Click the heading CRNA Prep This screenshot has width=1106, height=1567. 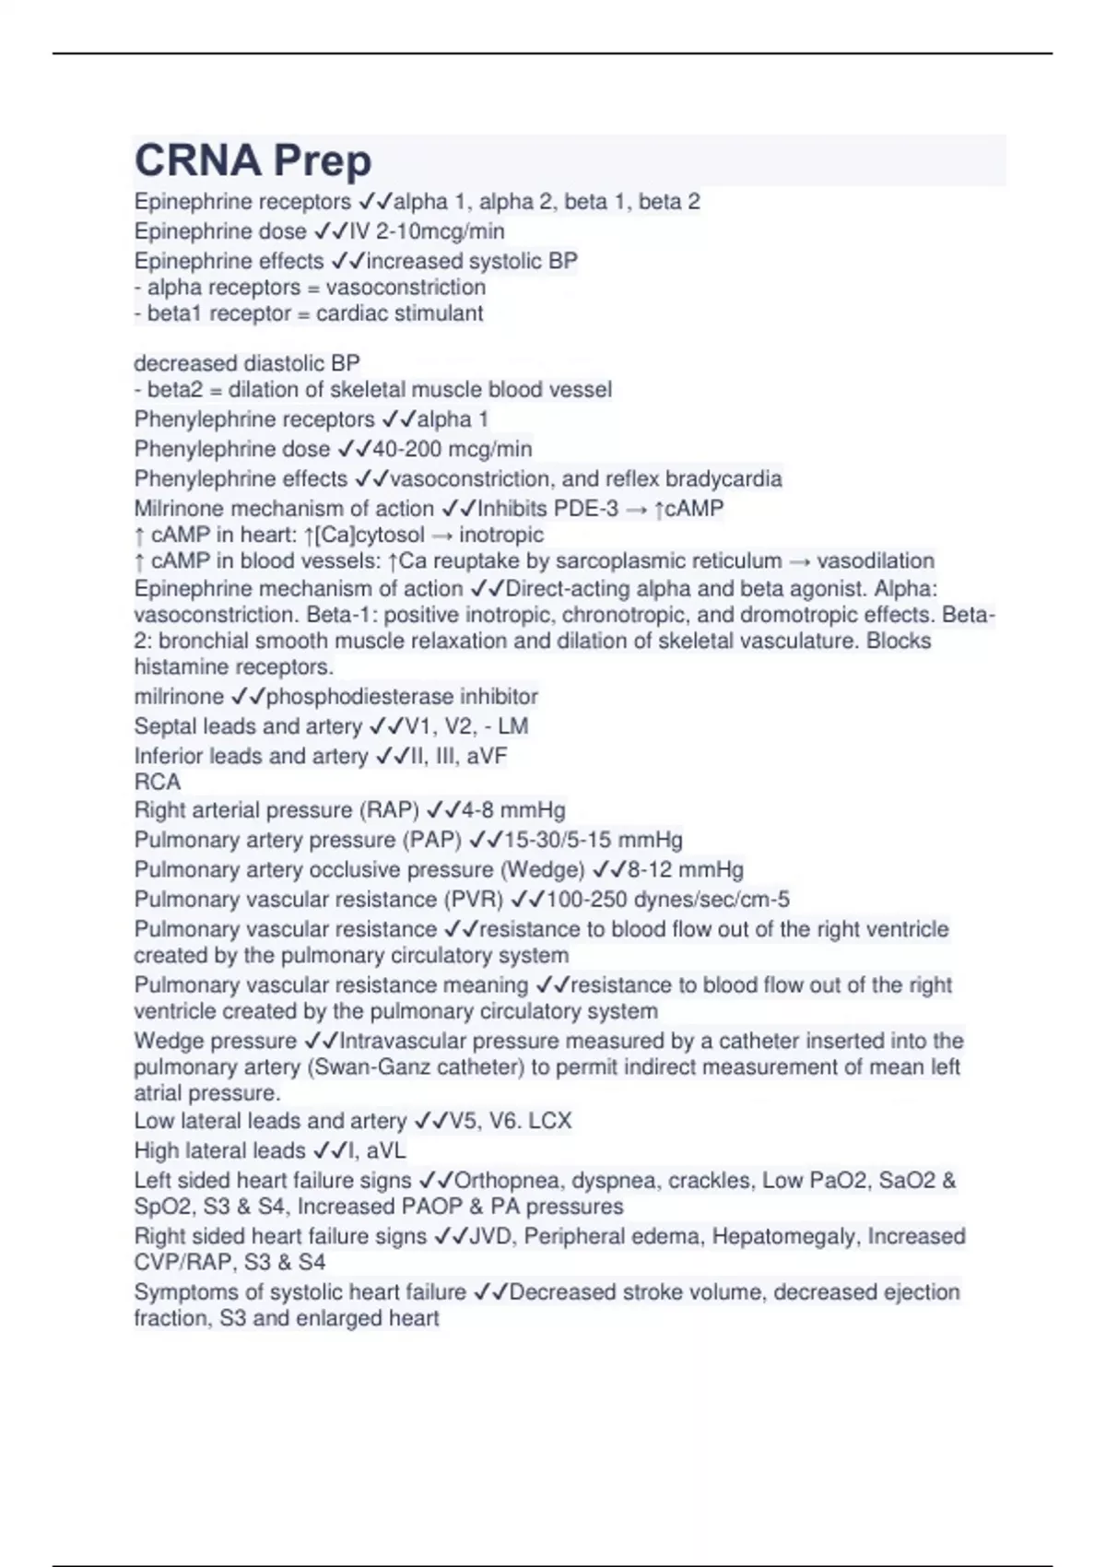pyautogui.click(x=253, y=160)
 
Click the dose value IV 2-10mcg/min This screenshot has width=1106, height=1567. pyautogui.click(x=427, y=230)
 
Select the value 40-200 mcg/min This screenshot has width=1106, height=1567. pyautogui.click(x=452, y=449)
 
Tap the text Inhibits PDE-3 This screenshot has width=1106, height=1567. pyautogui.click(x=547, y=508)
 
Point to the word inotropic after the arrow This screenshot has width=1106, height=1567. pyautogui.click(x=501, y=535)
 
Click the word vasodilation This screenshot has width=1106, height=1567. pyautogui.click(x=876, y=560)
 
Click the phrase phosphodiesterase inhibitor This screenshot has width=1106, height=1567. pyautogui.click(x=402, y=696)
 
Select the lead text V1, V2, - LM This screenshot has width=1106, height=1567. pyautogui.click(x=466, y=726)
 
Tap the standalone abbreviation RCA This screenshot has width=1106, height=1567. pyautogui.click(x=158, y=782)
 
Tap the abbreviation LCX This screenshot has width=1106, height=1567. pyautogui.click(x=550, y=1121)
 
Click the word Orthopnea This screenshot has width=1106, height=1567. pyautogui.click(x=510, y=1180)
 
